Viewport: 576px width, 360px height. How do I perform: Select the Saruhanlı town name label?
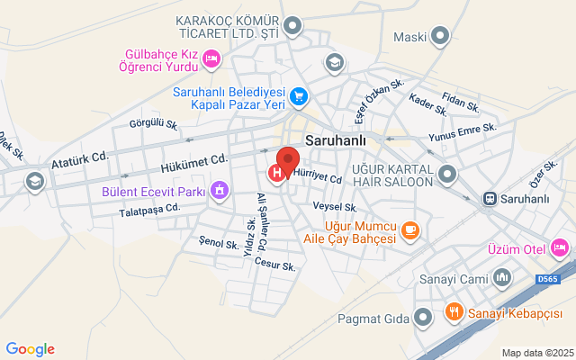pos(336,140)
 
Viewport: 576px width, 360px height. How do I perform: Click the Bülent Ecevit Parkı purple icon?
pos(218,190)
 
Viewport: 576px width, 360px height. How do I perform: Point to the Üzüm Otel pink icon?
pos(559,246)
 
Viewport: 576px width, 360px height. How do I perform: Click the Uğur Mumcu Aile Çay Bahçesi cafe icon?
pos(409,230)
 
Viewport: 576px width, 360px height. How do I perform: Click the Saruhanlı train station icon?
pos(490,197)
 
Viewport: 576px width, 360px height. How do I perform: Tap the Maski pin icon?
pos(440,37)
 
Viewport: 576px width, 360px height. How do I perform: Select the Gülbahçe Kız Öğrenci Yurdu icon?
pos(211,59)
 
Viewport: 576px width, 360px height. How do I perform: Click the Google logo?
pos(30,349)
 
